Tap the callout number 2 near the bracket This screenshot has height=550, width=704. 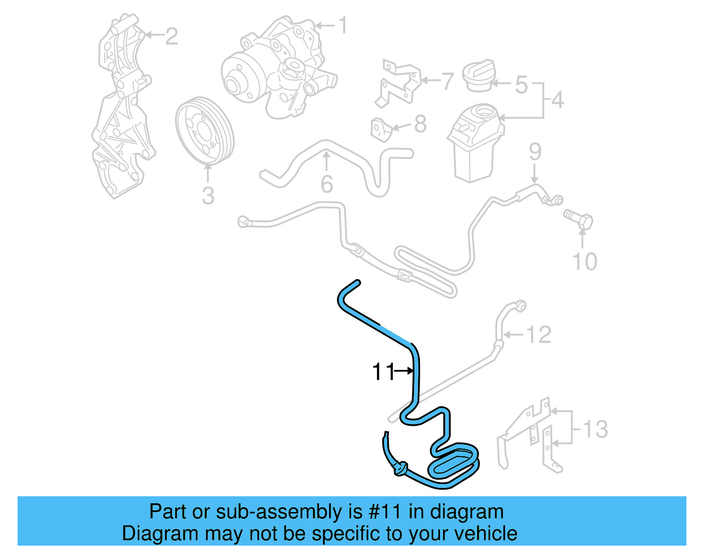(171, 36)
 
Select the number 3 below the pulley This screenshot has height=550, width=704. (208, 196)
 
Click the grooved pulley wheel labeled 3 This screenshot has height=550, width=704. (204, 131)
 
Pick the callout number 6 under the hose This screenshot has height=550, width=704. (326, 184)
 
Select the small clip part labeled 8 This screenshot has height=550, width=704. (381, 129)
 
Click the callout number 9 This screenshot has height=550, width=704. (535, 151)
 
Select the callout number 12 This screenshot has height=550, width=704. (539, 335)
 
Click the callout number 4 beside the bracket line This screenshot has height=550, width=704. (557, 100)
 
